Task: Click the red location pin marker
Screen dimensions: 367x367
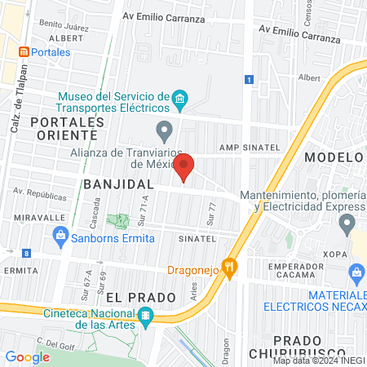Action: (184, 166)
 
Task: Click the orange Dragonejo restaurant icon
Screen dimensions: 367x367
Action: (231, 265)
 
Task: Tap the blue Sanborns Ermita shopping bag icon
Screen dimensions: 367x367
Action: (60, 237)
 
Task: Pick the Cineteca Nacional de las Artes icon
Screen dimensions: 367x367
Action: (145, 316)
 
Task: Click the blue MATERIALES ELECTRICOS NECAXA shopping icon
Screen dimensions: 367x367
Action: (355, 272)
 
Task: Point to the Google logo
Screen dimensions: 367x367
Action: (27, 356)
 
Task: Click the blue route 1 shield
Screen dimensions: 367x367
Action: (247, 79)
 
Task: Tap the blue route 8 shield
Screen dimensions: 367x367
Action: (27, 254)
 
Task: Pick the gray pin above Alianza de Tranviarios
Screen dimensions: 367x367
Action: (165, 130)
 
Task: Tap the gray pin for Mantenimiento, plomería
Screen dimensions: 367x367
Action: (347, 223)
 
